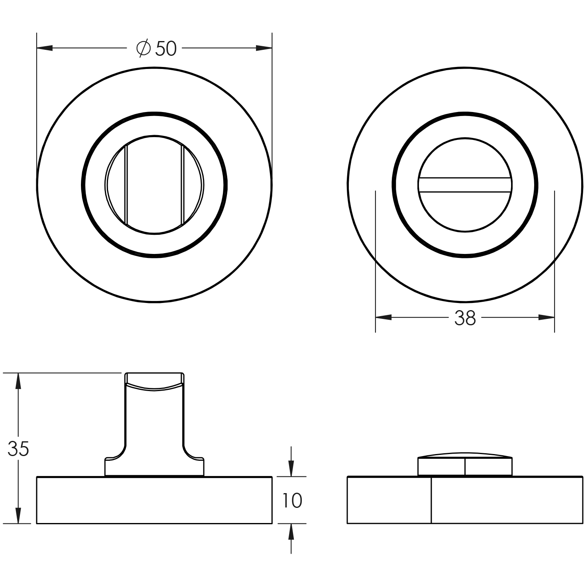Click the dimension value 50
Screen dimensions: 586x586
[x=166, y=49]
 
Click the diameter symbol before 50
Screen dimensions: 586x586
[x=144, y=49]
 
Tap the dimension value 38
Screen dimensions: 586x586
[x=465, y=318]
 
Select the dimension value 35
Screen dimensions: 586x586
[x=18, y=449]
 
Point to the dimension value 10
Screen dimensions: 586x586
[x=293, y=501]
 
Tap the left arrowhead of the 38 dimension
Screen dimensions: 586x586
[x=383, y=318]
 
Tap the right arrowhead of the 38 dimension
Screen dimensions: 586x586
[x=546, y=318]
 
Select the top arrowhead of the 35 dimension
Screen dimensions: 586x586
[x=18, y=381]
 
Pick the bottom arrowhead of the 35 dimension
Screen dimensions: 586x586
[x=18, y=515]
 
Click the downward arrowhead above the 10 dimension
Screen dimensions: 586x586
[x=291, y=468]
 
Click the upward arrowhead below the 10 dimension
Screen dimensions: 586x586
[x=291, y=532]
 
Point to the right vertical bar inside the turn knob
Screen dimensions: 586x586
[x=182, y=185]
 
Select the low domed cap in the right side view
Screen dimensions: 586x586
[x=465, y=464]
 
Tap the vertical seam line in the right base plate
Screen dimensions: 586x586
[x=431, y=500]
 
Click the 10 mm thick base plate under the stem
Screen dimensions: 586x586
[x=154, y=500]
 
